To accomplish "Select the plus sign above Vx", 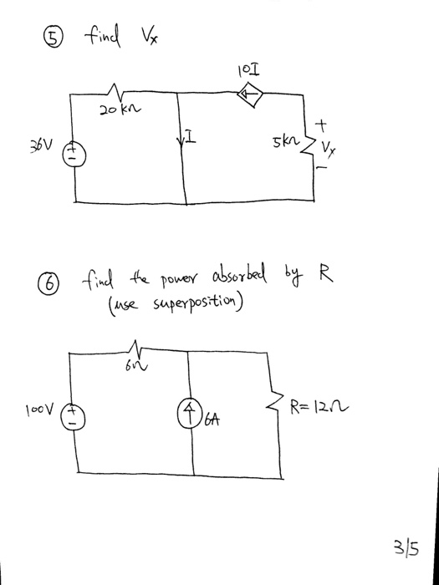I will [x=320, y=126].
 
